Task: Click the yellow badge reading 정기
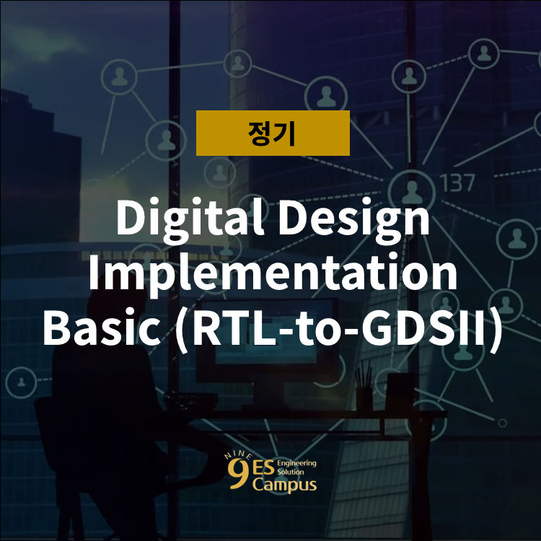273,133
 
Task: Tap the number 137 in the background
457,182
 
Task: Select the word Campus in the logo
283,484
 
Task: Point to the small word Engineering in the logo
296,462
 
